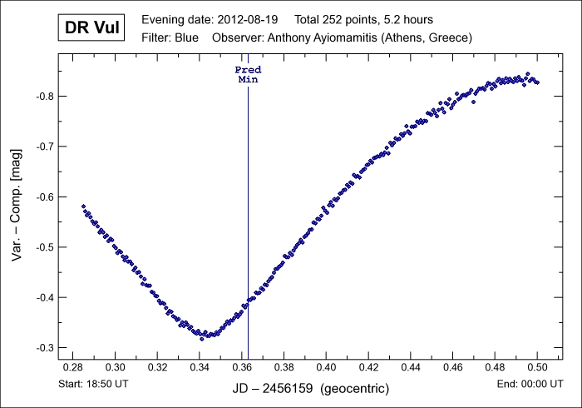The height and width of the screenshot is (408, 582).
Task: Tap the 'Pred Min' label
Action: click(x=248, y=75)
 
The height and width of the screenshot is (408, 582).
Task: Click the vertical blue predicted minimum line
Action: click(x=248, y=208)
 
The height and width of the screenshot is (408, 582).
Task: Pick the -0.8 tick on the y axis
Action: click(x=43, y=97)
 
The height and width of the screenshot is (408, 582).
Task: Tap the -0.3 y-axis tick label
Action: click(x=43, y=347)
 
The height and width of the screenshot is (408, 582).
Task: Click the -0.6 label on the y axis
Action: click(x=43, y=197)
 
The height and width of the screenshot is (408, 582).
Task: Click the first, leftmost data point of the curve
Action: click(x=83, y=206)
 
